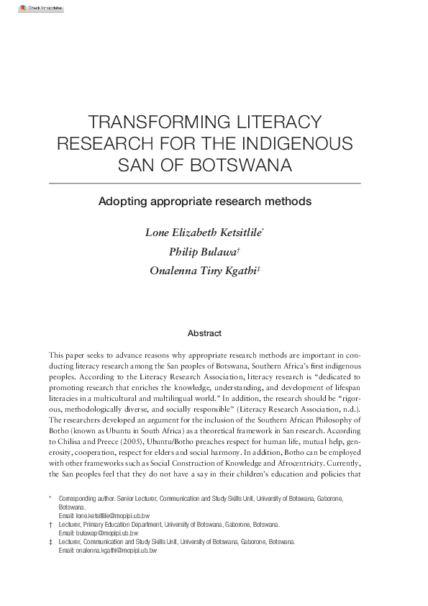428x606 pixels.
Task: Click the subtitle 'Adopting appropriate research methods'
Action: click(x=204, y=202)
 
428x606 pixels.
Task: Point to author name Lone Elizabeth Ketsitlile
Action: click(x=203, y=232)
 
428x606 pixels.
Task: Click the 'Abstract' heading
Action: click(x=204, y=333)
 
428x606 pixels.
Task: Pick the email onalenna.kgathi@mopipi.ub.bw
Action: click(x=116, y=550)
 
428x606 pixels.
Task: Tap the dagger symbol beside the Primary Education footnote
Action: click(x=50, y=525)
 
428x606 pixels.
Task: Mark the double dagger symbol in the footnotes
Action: click(x=50, y=541)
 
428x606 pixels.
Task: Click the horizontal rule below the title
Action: click(x=204, y=184)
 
